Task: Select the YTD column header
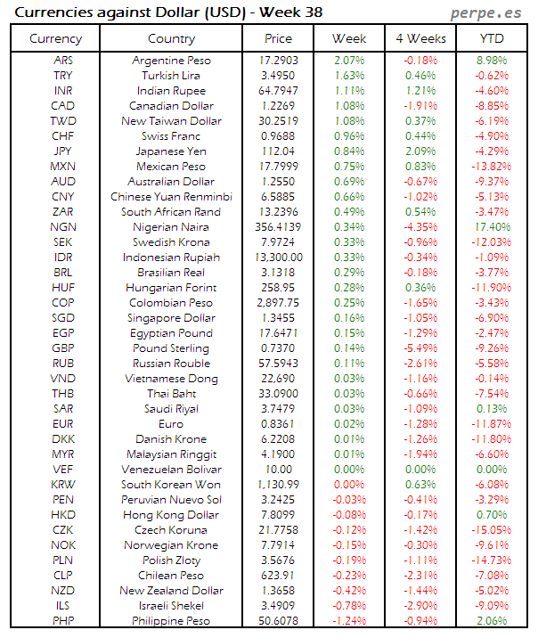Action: (491, 39)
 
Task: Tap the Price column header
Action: (278, 39)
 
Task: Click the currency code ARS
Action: (63, 61)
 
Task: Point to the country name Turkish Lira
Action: (171, 76)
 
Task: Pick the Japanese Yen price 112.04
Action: (278, 151)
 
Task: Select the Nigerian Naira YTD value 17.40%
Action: (491, 227)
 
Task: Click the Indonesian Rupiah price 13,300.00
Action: (278, 258)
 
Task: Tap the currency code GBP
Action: (63, 348)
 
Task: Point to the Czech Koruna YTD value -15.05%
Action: (491, 530)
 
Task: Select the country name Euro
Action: (171, 424)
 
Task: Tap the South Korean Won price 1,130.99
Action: (278, 485)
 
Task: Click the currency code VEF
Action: (63, 470)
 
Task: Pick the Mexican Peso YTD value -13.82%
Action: (491, 167)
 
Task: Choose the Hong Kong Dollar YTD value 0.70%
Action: (491, 515)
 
